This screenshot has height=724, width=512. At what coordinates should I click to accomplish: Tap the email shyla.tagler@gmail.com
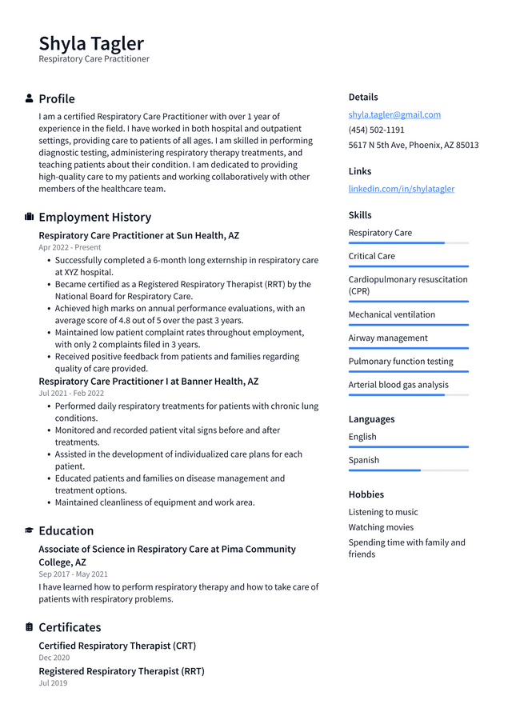[x=394, y=114]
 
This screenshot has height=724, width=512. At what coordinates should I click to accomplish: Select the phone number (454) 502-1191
[x=376, y=130]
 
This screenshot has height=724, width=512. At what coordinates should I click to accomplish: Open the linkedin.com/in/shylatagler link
[x=401, y=189]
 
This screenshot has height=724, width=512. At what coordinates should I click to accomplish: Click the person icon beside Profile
[x=30, y=98]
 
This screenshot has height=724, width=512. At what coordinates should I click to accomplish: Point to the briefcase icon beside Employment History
[x=30, y=217]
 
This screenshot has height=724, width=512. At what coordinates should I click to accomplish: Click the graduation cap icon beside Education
[x=30, y=530]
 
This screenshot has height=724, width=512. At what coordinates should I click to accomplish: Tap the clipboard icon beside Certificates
[x=30, y=627]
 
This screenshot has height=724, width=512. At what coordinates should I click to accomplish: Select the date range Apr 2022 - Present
[x=70, y=248]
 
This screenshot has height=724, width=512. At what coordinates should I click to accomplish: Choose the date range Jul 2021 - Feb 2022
[x=71, y=394]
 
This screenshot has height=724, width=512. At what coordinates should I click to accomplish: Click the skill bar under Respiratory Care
[x=408, y=243]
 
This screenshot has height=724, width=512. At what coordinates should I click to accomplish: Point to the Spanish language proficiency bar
[x=408, y=470]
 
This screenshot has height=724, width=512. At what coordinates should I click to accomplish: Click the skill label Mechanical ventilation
[x=391, y=314]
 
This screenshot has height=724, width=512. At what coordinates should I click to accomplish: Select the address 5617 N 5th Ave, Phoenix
[x=413, y=145]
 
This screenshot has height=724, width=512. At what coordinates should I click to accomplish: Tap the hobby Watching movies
[x=381, y=527]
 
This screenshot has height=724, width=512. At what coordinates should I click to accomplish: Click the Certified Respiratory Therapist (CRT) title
[x=117, y=646]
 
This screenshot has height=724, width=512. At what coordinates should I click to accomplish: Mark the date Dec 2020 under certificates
[x=54, y=658]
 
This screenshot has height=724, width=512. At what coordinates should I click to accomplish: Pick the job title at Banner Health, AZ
[x=148, y=382]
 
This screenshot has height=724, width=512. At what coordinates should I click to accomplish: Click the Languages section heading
[x=371, y=419]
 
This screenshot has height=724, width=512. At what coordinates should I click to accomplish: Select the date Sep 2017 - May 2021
[x=73, y=574]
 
